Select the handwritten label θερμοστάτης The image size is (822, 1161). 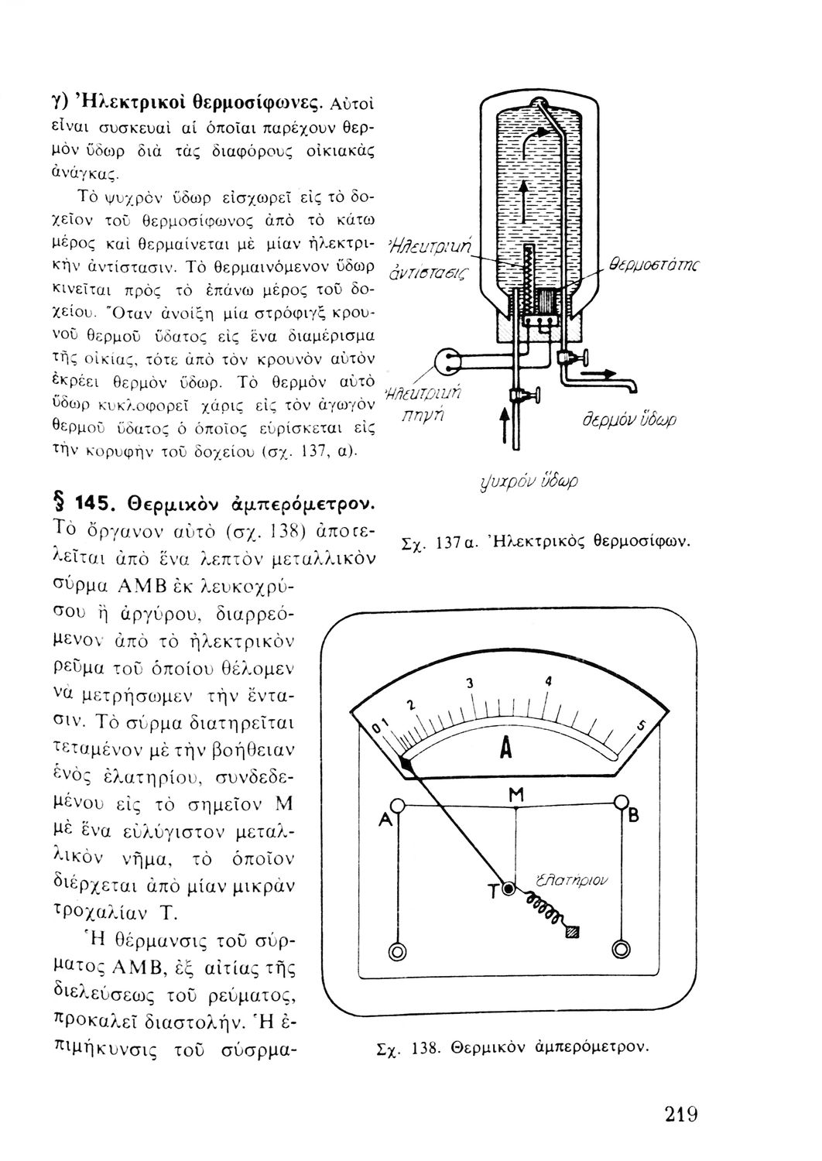pos(653,265)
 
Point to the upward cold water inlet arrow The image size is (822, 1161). pos(504,425)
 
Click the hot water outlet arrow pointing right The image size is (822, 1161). pos(598,372)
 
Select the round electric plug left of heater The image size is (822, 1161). pos(448,362)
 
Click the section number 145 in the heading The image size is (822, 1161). pos(96,503)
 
